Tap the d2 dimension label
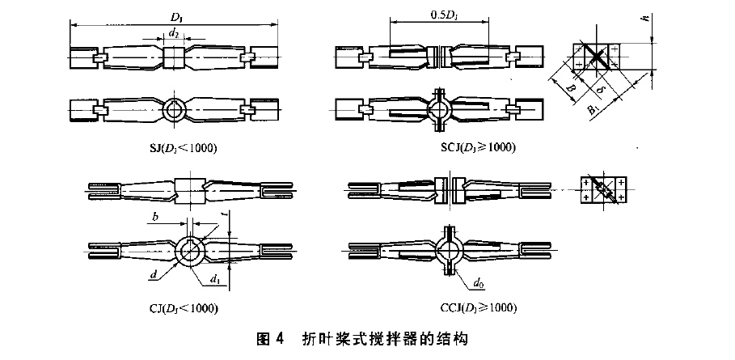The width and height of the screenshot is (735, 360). click(173, 34)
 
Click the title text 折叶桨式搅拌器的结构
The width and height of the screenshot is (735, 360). click(381, 338)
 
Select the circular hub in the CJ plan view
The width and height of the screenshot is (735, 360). click(190, 249)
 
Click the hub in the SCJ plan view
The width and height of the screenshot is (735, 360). click(440, 110)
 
